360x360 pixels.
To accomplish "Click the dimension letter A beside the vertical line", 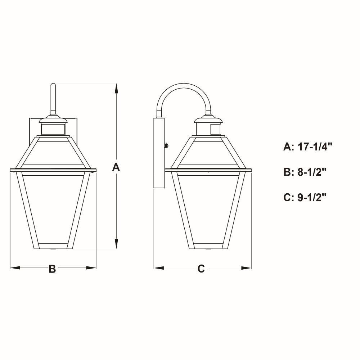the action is (116, 167).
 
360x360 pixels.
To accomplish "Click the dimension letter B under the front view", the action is (52, 269).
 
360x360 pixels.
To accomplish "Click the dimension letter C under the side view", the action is (201, 269).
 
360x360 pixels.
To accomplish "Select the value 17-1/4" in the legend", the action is (315, 147).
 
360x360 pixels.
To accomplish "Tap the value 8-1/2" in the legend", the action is (312, 172).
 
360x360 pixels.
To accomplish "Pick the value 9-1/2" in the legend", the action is (312, 197).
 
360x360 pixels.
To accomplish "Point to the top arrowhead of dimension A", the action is (116, 89).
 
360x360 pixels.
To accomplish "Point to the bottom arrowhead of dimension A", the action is (116, 244).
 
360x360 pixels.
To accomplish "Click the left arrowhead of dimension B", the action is (15, 268).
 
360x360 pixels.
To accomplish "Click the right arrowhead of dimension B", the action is (91, 268).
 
